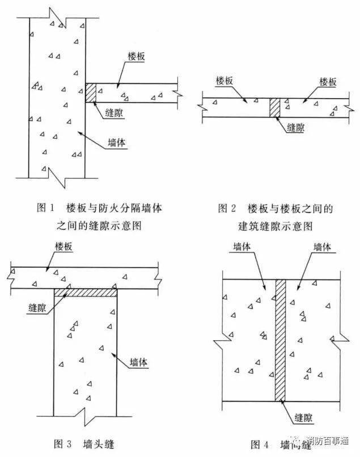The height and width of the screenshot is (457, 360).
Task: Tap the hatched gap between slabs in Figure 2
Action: [275, 107]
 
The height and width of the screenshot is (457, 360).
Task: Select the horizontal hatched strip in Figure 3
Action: [86, 293]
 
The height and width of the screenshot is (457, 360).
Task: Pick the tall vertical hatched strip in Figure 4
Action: [280, 340]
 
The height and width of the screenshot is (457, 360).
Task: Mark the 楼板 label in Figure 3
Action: [63, 246]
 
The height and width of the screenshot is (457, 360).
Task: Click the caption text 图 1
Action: [45, 208]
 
